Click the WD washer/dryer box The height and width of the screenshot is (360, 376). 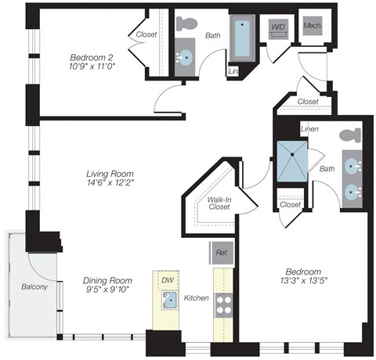[x=278, y=28]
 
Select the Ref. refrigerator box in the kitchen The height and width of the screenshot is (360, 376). [x=221, y=252]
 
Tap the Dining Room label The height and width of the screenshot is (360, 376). [x=108, y=280]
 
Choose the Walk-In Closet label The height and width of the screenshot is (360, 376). [x=219, y=203]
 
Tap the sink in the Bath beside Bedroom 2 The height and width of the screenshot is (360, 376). [x=186, y=59]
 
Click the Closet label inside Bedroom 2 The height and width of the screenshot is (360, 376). [x=146, y=35]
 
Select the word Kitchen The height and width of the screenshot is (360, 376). [x=195, y=299]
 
